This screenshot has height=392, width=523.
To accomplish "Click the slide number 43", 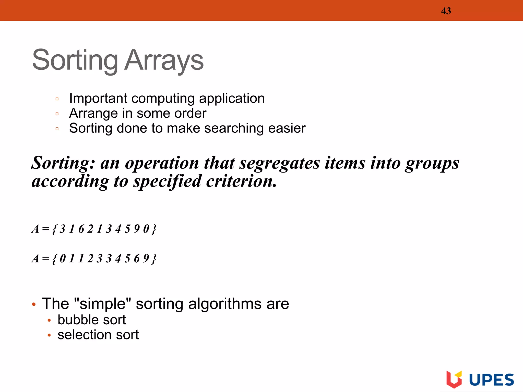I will click(x=446, y=11).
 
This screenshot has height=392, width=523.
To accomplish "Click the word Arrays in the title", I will click(x=164, y=60).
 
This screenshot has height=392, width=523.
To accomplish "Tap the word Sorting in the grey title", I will click(x=75, y=60).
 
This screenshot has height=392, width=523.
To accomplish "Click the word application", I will click(x=232, y=99).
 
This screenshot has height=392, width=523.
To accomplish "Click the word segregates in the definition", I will click(x=279, y=163).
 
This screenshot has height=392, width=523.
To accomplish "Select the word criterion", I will click(x=241, y=181).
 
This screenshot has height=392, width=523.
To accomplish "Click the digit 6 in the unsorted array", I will click(x=81, y=229).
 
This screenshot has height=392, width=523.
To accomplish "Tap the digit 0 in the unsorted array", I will click(x=146, y=229).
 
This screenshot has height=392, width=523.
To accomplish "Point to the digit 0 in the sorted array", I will click(x=63, y=259).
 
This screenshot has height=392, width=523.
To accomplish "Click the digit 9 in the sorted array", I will click(x=146, y=259).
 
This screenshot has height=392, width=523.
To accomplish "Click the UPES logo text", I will click(x=491, y=380).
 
